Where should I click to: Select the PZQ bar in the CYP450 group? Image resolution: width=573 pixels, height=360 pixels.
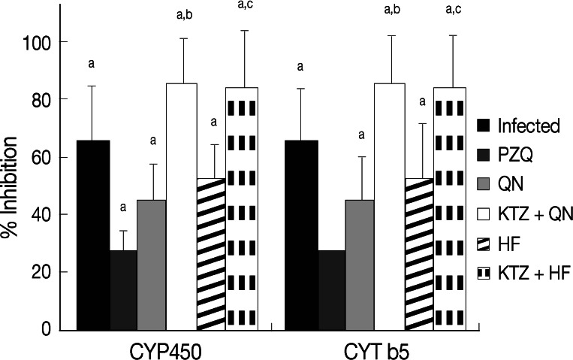click(122, 289)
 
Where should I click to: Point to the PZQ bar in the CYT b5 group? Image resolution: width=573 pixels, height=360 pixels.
click(330, 289)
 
